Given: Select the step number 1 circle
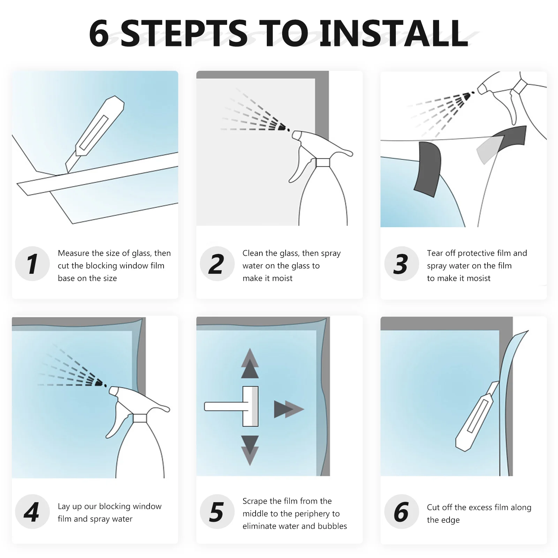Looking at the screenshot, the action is [32, 264].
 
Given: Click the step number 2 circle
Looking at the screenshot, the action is [217, 264].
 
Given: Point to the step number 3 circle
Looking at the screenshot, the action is [401, 264].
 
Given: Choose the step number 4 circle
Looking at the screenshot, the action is [32, 512].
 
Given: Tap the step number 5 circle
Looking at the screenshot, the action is [217, 512].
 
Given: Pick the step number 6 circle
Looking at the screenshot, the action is [401, 512].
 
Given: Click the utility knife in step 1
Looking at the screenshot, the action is [95, 135].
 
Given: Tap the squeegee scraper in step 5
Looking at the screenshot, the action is [232, 406].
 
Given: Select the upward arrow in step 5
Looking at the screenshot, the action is [250, 363].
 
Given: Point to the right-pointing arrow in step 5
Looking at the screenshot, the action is [289, 409].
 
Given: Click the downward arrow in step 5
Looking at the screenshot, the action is [250, 450].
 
